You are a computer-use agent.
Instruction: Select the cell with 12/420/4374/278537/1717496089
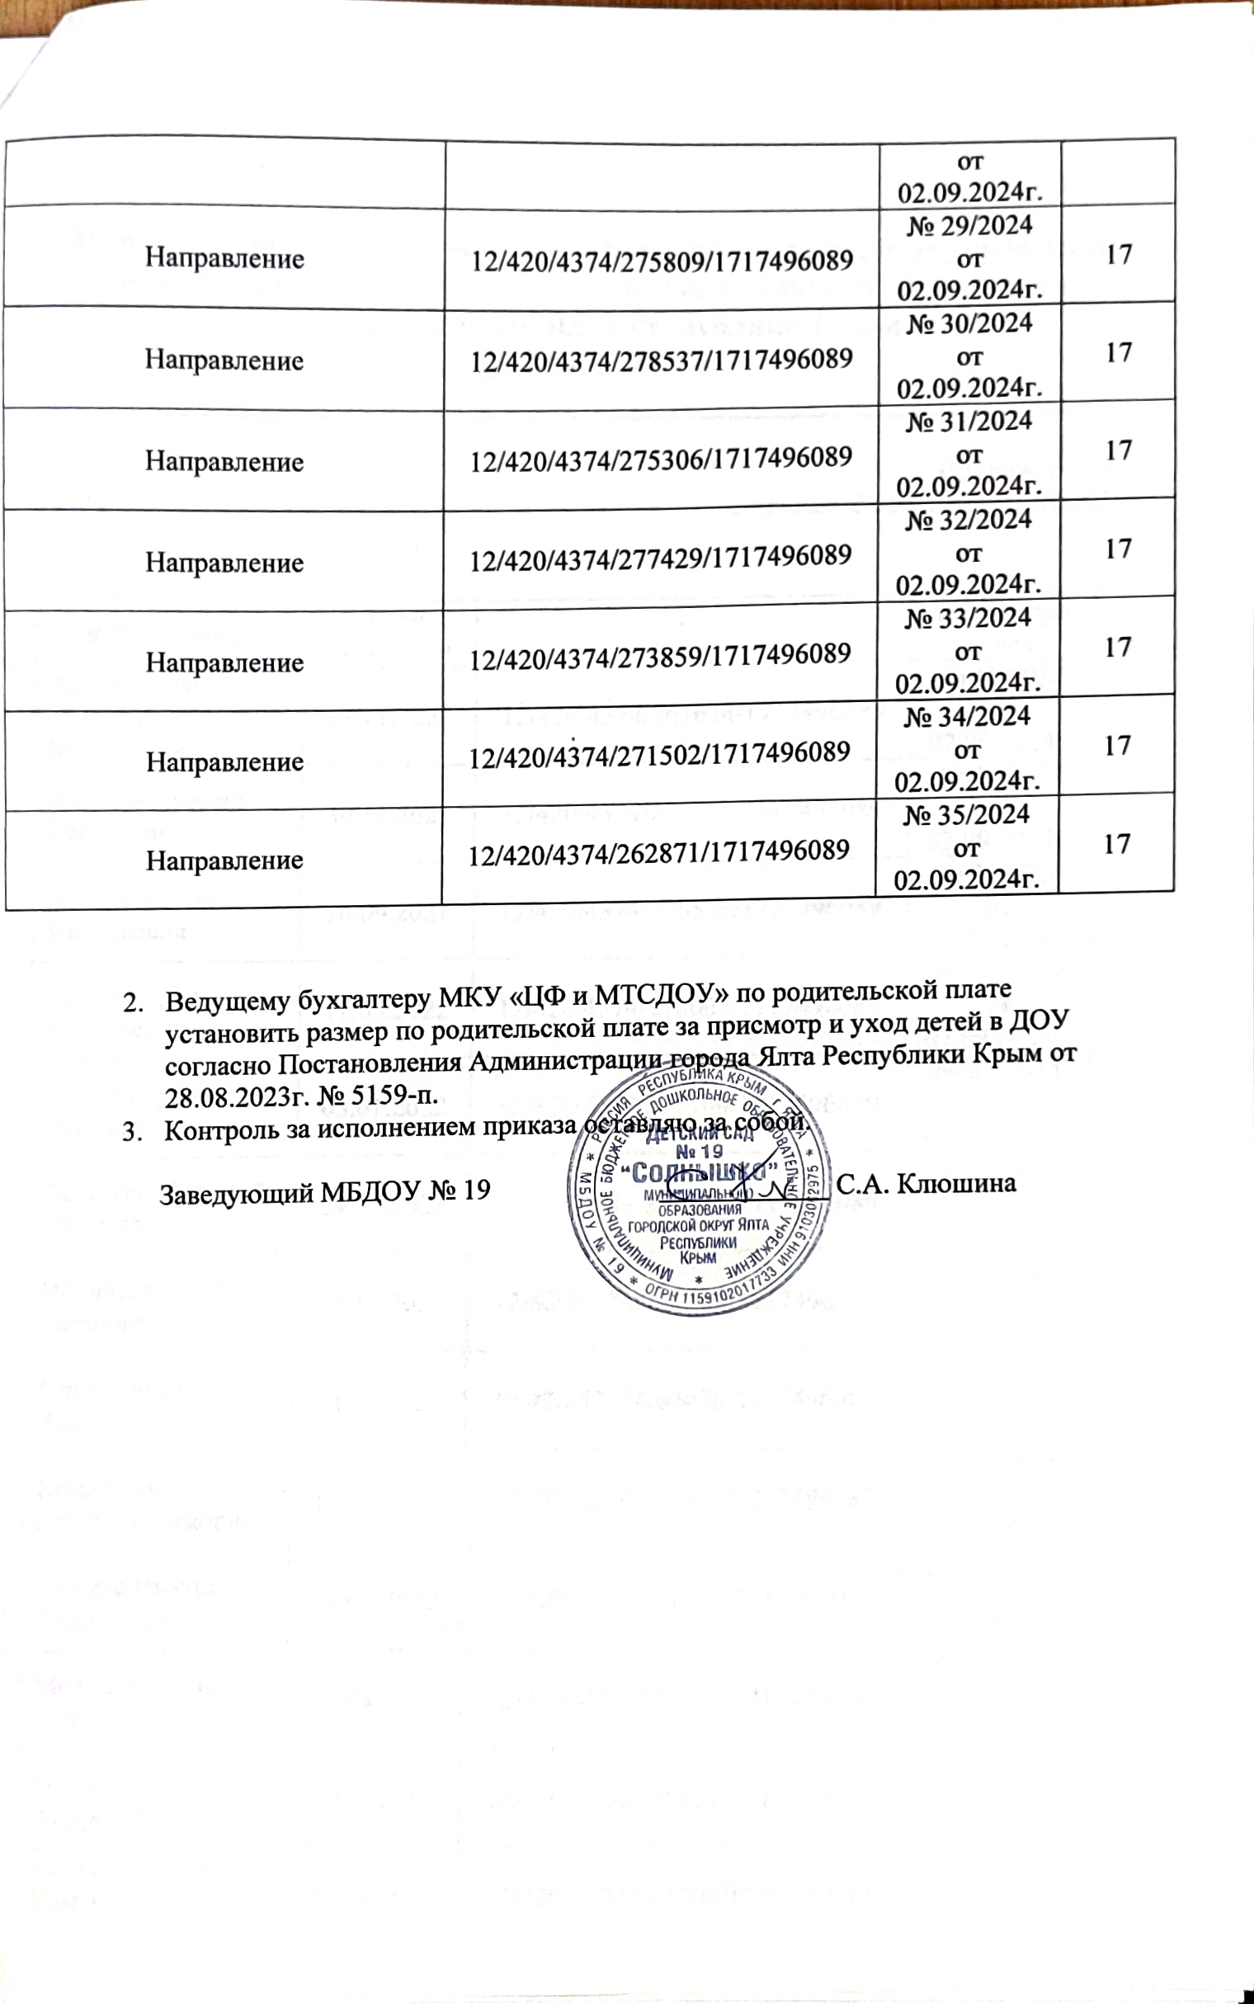(662, 359)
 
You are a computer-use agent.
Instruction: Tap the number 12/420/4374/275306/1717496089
(662, 459)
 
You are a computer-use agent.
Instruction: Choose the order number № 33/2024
(968, 618)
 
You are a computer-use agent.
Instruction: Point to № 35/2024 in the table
(967, 814)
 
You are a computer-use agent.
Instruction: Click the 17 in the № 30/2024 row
(1119, 353)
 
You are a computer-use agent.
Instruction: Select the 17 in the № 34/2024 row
(1118, 746)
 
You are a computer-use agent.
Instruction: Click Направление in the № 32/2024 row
(224, 563)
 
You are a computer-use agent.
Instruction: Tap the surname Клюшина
(957, 1183)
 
